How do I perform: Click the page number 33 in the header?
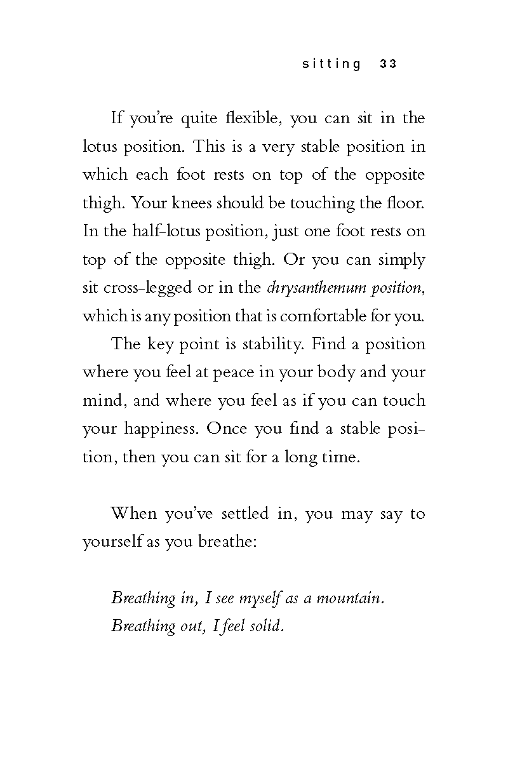click(x=388, y=64)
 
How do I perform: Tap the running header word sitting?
click(x=331, y=64)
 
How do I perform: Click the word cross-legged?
click(x=147, y=288)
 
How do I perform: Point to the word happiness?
click(x=162, y=428)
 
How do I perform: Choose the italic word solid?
click(x=267, y=626)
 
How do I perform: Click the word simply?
click(x=402, y=260)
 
